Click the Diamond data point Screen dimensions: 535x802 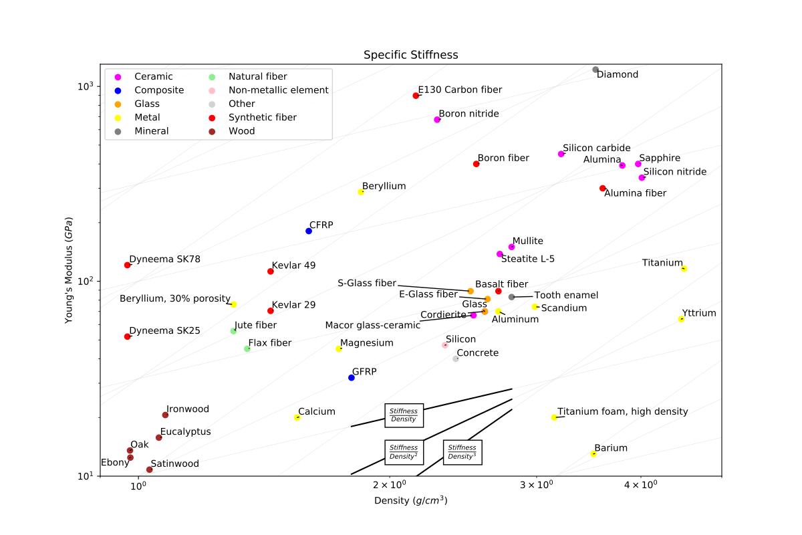[595, 70]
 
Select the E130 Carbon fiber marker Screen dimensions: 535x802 [416, 96]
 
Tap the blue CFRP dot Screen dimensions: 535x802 [309, 231]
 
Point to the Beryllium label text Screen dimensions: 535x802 [384, 186]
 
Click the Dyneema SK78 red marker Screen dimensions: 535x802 [128, 265]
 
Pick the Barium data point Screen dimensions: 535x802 [593, 454]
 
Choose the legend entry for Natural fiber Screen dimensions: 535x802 [255, 77]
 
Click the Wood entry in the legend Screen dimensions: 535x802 [241, 131]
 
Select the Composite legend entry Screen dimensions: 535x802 [159, 90]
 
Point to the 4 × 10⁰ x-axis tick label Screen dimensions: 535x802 [641, 485]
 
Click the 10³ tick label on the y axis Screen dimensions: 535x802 [88, 86]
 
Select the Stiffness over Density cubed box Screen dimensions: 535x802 [462, 452]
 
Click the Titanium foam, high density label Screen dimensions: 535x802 [622, 411]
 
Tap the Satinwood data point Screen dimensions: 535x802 [150, 469]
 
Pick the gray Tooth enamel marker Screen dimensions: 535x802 [511, 297]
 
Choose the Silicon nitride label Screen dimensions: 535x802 [674, 172]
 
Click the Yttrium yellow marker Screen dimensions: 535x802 [681, 319]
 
